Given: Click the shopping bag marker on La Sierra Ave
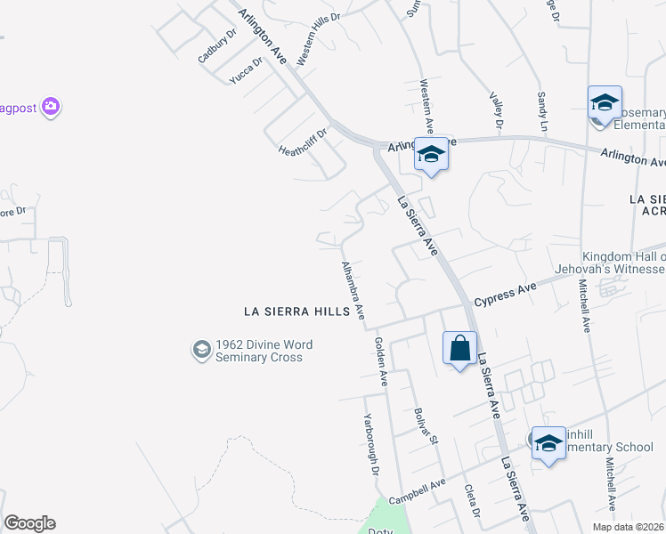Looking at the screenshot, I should coord(460,348).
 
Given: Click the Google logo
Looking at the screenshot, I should coord(29,523).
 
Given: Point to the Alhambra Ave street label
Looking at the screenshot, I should coord(354,290).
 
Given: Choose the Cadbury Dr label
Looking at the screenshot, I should coord(217,46).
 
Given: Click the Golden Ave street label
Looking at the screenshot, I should coord(381,361).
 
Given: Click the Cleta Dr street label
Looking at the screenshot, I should coord(473,501).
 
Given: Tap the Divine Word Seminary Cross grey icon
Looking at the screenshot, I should coord(201,351).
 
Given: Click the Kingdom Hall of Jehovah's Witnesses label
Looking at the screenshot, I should coord(623,263).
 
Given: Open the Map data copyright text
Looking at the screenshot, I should coord(629,527).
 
